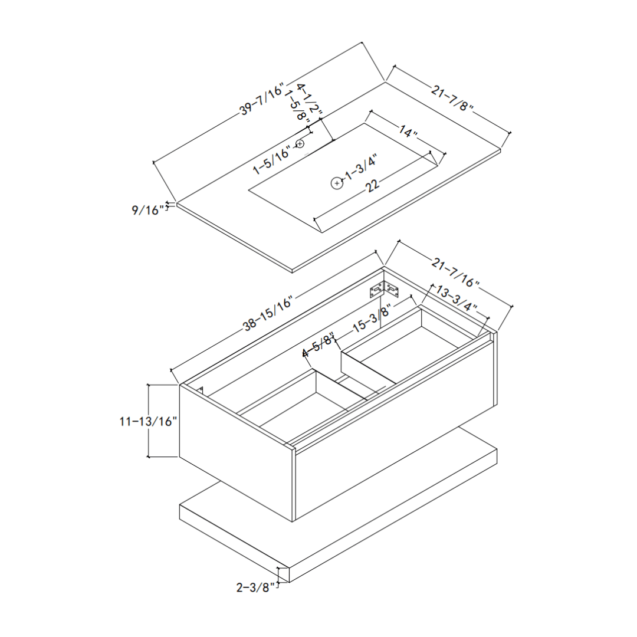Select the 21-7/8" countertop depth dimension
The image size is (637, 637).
[x=452, y=98]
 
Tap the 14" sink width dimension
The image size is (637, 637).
[x=408, y=131]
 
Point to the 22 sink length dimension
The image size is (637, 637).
[x=372, y=186]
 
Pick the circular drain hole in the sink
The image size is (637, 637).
[x=337, y=183]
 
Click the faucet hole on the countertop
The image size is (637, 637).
[x=300, y=143]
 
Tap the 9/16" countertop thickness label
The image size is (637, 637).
[x=147, y=209]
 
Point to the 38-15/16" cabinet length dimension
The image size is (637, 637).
[x=268, y=316]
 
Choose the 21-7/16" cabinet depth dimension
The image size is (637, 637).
[x=455, y=272]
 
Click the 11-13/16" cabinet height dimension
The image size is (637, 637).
[x=148, y=421]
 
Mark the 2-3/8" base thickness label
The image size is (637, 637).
[x=255, y=587]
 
